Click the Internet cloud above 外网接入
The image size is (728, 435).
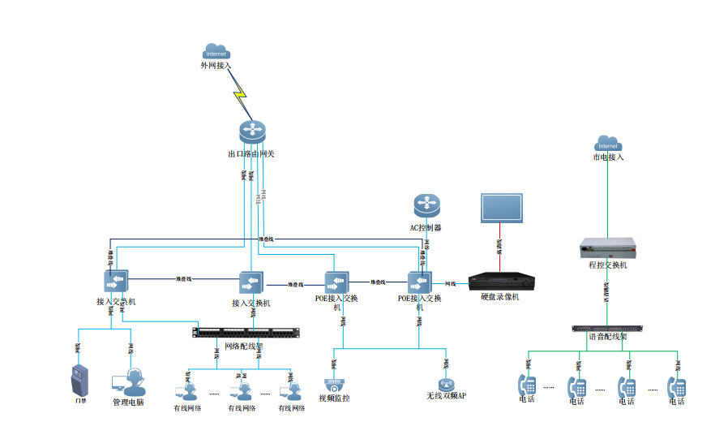[x=216, y=51]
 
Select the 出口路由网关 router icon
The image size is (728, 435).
[x=252, y=132]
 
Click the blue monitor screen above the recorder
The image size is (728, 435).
[x=501, y=208]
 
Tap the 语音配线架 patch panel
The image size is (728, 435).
[x=608, y=329]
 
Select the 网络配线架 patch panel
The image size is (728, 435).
[x=247, y=331]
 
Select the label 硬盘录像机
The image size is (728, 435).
[x=499, y=297]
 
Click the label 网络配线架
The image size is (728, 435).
[x=243, y=345]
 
